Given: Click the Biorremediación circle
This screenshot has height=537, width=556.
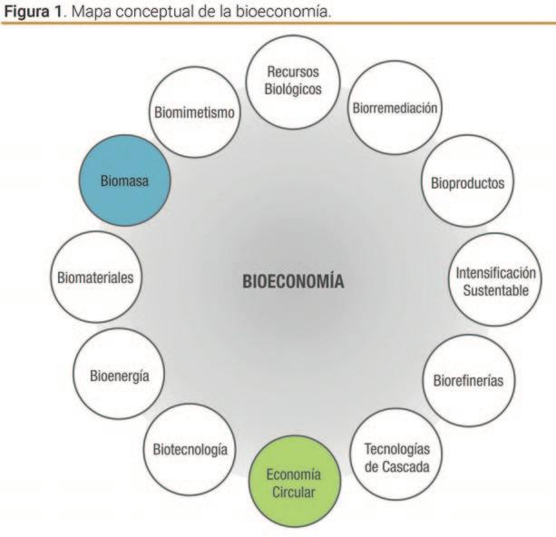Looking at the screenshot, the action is click(x=394, y=109).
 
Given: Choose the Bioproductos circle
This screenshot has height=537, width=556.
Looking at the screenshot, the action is click(x=466, y=183).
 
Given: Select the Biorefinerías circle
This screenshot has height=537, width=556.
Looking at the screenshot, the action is click(x=468, y=377).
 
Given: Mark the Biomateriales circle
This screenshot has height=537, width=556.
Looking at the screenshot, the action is click(x=95, y=278).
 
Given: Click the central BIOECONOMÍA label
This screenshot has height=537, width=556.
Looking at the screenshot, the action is click(x=292, y=281).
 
